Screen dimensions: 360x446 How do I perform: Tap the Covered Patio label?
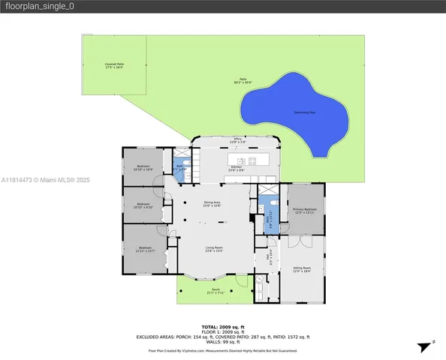(x=114, y=66)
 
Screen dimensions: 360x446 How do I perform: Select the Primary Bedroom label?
(x=304, y=211)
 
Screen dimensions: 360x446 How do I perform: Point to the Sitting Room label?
(x=302, y=268)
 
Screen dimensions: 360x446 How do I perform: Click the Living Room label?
(x=215, y=249)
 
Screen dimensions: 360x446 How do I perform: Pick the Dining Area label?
(x=212, y=203)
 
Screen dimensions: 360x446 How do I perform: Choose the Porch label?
(x=215, y=290)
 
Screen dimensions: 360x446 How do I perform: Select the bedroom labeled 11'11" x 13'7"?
(x=145, y=249)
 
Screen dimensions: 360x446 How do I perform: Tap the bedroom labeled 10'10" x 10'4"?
(x=143, y=168)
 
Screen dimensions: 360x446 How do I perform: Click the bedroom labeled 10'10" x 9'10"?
(x=143, y=205)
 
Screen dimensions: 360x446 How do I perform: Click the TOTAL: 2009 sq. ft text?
(x=223, y=328)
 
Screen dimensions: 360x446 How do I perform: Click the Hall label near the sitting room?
(x=269, y=259)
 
